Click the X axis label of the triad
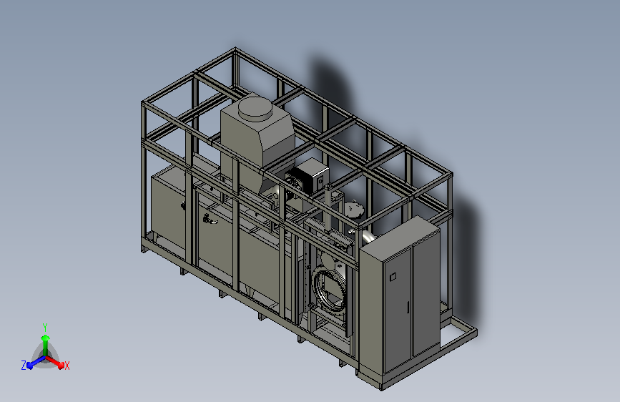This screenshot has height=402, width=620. [x=67, y=366]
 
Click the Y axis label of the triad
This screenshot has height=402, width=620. [x=45, y=327]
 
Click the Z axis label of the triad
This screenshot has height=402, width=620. [x=24, y=366]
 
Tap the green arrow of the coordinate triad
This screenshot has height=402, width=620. [x=46, y=344]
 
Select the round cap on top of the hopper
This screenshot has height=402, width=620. [x=256, y=108]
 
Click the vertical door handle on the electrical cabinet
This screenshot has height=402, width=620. [x=408, y=308]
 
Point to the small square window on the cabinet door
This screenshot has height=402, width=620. [x=393, y=277]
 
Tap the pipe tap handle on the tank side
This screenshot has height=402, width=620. [x=210, y=220]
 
